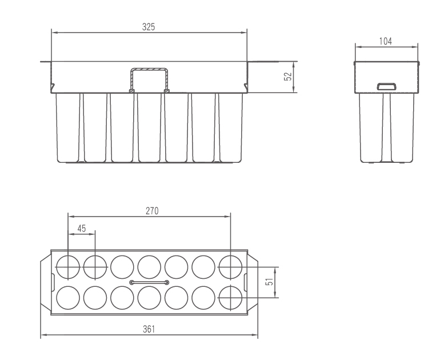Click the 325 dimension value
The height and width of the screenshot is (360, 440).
click(149, 27)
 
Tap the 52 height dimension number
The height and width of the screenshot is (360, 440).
click(288, 77)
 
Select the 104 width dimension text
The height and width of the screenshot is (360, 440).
click(386, 41)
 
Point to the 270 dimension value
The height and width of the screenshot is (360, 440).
click(152, 211)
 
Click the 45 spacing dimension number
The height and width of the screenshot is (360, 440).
click(81, 229)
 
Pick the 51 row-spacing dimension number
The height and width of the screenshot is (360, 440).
click(269, 282)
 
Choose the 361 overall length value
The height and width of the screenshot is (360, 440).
click(149, 329)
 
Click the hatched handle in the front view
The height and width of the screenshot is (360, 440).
click(149, 80)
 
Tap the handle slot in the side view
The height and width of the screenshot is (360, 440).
click(387, 86)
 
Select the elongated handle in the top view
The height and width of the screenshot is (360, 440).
click(149, 282)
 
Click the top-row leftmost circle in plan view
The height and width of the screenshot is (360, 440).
click(68, 267)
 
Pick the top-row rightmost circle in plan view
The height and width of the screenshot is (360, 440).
click(230, 267)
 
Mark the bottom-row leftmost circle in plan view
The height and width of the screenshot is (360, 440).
click(68, 298)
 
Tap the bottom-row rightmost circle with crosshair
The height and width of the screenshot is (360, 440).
click(230, 298)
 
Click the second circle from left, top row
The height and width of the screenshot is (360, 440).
click(95, 267)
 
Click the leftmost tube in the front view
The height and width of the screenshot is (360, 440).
click(67, 127)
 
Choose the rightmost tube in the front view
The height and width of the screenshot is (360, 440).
click(231, 127)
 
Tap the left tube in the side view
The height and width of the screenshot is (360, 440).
click(371, 128)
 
